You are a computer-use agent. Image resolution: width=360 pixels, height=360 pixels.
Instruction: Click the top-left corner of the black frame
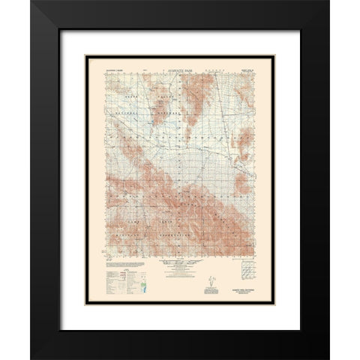click(x=32, y=3)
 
